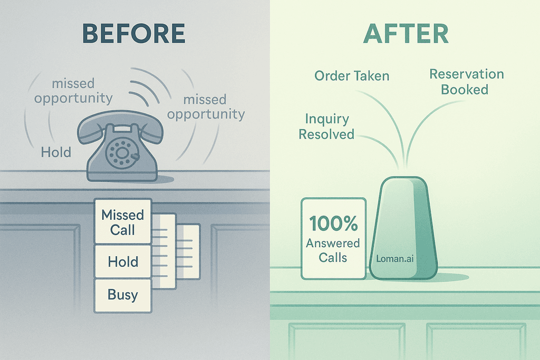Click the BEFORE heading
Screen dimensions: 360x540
pos(134,33)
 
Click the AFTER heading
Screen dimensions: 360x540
pos(406,33)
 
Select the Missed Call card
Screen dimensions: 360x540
pos(123,222)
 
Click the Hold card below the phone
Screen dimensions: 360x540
pos(123,261)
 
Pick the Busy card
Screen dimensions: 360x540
pos(122,295)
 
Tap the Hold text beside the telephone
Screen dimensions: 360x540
pos(56,152)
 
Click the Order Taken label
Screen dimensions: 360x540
pos(352,75)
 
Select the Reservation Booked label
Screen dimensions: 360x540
pos(466,81)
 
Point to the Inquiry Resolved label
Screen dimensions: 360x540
pos(326,127)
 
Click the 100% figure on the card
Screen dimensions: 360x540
pos(333,223)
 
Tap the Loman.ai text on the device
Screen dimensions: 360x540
pos(394,258)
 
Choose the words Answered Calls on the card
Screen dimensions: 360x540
pos(333,250)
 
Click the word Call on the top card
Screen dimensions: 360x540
pos(123,230)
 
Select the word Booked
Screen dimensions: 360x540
pos(465,89)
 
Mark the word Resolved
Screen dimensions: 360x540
pos(326,134)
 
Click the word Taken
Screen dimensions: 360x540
pos(372,75)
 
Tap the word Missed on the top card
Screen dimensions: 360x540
pos(123,215)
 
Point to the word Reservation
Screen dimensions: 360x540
pos(466,74)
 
